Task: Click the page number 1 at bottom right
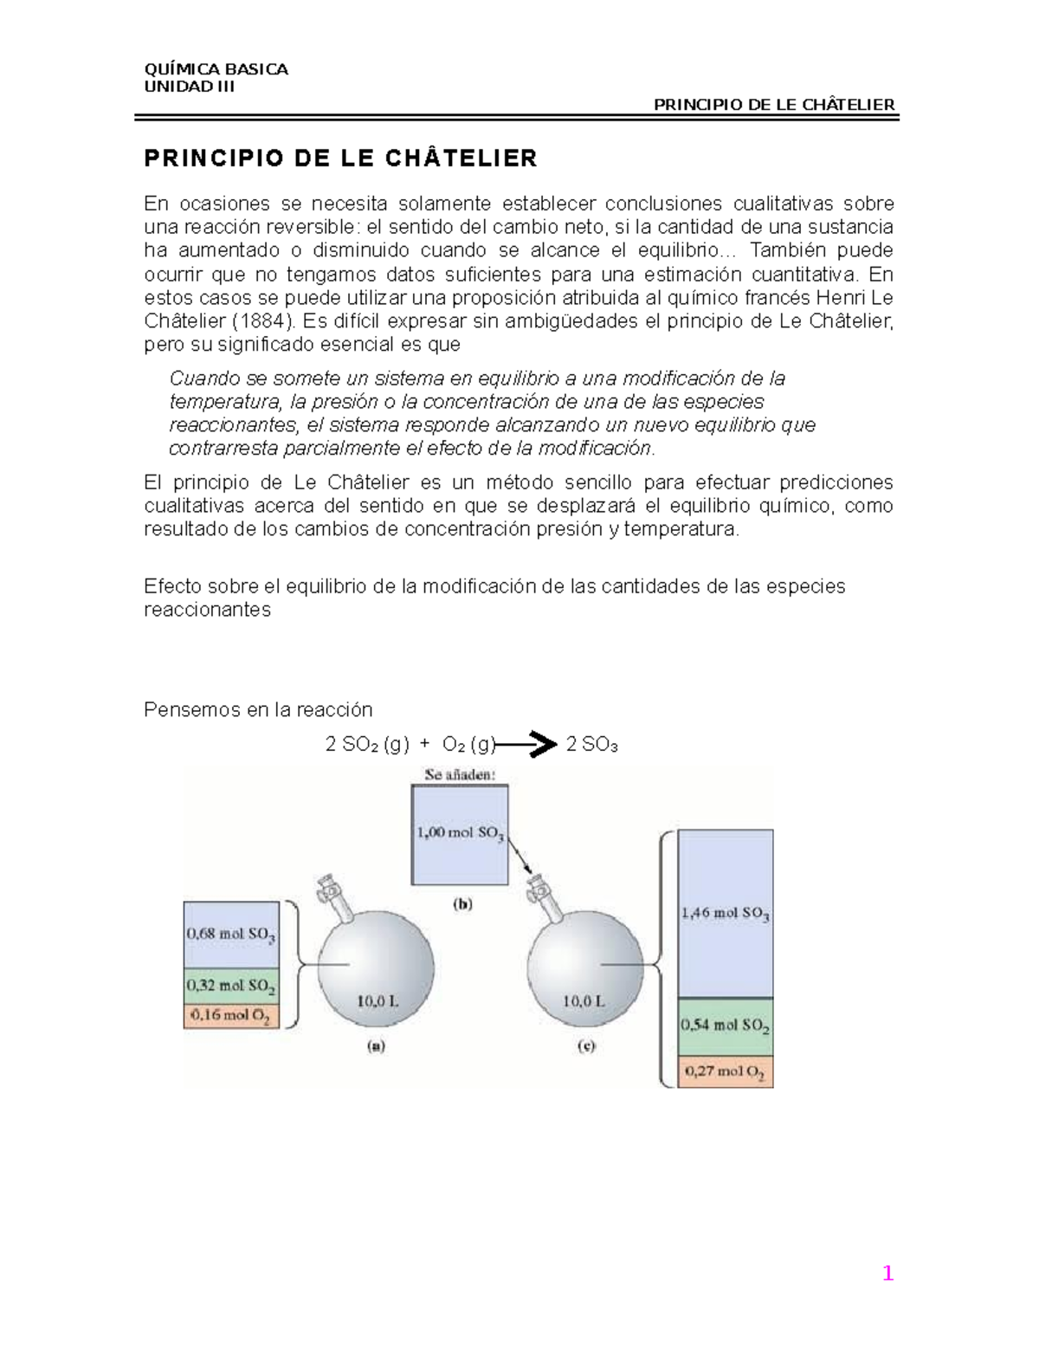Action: click(x=887, y=1273)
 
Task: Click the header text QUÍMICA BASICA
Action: click(x=216, y=69)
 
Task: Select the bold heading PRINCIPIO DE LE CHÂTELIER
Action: click(x=340, y=158)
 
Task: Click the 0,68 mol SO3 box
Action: click(x=231, y=934)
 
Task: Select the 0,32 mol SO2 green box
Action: click(x=231, y=986)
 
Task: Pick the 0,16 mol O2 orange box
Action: click(x=231, y=1016)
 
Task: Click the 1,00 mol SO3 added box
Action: click(x=460, y=834)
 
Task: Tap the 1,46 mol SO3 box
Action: click(x=725, y=913)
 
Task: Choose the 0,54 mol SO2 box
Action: click(x=725, y=1026)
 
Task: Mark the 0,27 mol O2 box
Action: click(x=725, y=1072)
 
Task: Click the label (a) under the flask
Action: click(x=376, y=1046)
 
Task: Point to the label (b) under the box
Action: click(x=462, y=904)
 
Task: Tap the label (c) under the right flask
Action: click(x=586, y=1046)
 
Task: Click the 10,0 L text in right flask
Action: click(x=584, y=1001)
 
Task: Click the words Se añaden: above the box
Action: click(x=460, y=775)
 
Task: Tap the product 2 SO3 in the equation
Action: click(x=591, y=745)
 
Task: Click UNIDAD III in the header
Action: click(x=189, y=87)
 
